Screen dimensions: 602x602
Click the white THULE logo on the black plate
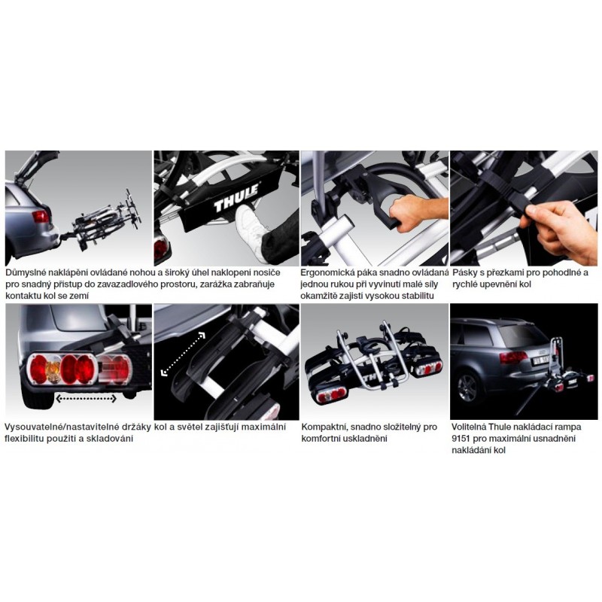point(236,198)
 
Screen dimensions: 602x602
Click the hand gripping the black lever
point(416,211)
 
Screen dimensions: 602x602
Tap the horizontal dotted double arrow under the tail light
point(86,399)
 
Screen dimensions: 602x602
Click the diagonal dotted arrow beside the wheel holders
point(183,354)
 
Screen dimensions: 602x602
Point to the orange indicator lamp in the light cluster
point(53,370)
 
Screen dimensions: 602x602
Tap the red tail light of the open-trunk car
point(41,217)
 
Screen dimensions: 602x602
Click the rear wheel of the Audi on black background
point(467,388)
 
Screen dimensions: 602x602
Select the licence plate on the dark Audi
point(540,360)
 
